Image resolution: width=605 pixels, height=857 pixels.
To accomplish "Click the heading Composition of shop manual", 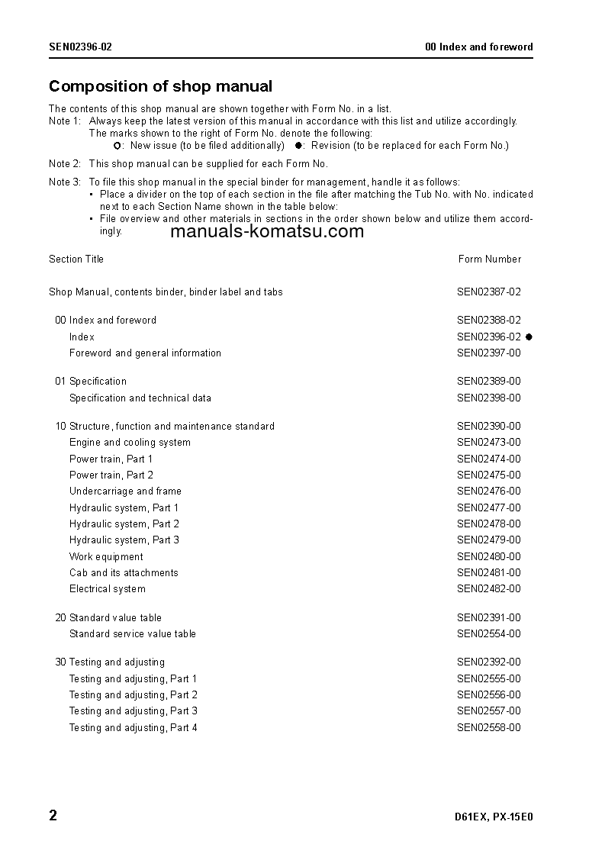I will tap(160, 86).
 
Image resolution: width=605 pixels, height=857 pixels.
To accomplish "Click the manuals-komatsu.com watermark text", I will tap(267, 232).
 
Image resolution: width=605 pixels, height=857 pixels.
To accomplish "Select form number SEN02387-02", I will tap(489, 292).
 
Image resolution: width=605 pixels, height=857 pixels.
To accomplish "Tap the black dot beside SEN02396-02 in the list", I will tap(529, 337).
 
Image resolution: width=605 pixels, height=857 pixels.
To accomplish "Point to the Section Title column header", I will tap(76, 259).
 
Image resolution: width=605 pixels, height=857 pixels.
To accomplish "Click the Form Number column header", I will tap(490, 259).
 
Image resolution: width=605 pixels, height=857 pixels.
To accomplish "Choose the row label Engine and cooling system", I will tap(130, 443).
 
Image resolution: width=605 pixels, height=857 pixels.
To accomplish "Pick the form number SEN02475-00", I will tap(489, 475).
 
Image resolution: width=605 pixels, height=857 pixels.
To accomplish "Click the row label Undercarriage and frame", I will tap(125, 491).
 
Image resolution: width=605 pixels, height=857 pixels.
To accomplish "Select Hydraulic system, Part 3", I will tap(124, 540).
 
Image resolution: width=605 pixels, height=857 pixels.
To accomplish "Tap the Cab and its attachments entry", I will tap(124, 573).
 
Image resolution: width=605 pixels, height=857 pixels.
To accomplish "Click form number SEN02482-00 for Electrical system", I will tap(489, 589).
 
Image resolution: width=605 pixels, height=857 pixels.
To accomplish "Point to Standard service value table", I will tap(132, 634).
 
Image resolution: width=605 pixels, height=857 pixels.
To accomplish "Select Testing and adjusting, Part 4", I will tap(134, 728).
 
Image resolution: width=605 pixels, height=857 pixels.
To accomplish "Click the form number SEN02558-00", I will tap(489, 728).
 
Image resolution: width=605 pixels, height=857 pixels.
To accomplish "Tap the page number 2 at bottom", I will tap(53, 816).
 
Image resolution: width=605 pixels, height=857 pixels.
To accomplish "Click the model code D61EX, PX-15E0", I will tap(493, 817).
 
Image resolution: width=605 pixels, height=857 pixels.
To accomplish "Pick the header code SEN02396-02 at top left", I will tap(81, 47).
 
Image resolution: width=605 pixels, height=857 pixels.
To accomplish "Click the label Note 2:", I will tap(65, 164).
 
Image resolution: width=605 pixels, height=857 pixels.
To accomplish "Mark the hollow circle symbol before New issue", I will tap(117, 146).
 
